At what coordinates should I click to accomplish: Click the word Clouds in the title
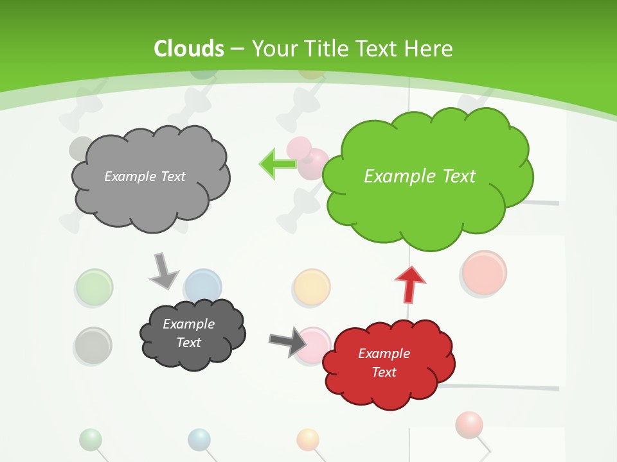pyautogui.click(x=188, y=49)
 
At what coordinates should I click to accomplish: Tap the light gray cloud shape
pyautogui.click(x=150, y=199)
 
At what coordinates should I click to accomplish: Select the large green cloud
pyautogui.click(x=427, y=212)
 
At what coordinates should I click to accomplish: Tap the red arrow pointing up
pyautogui.click(x=410, y=284)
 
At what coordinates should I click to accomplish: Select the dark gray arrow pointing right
pyautogui.click(x=288, y=341)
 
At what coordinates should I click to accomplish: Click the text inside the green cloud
pyautogui.click(x=420, y=176)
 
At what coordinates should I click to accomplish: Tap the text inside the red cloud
pyautogui.click(x=384, y=363)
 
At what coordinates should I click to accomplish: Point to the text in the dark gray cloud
pyautogui.click(x=188, y=333)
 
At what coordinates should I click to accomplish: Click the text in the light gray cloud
pyautogui.click(x=145, y=176)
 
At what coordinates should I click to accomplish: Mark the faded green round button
pyautogui.click(x=94, y=286)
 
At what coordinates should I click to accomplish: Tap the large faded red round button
pyautogui.click(x=485, y=273)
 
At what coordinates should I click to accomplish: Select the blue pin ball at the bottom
pyautogui.click(x=199, y=440)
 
